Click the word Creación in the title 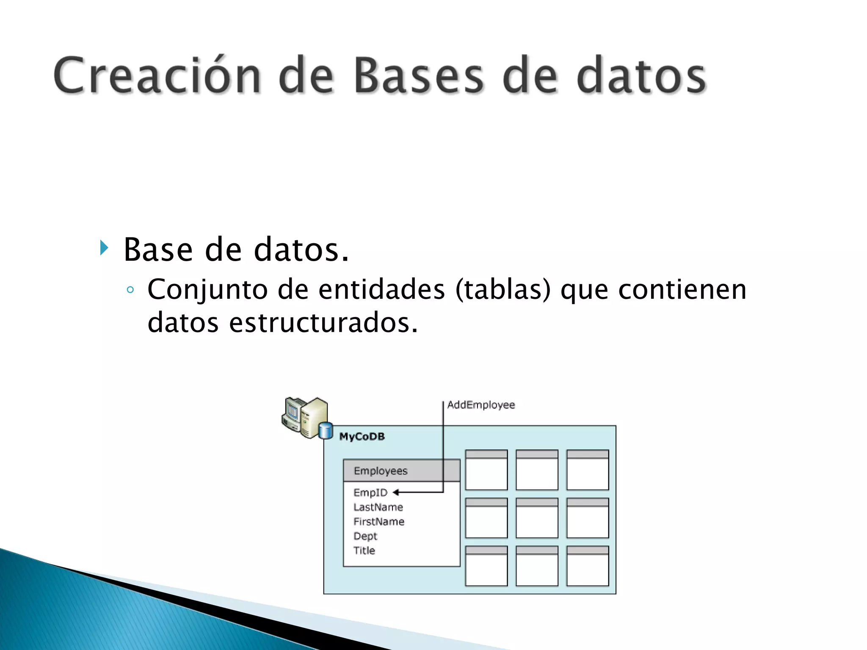click(157, 75)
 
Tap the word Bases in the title click(418, 75)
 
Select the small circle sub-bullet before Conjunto click(130, 290)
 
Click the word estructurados click(323, 323)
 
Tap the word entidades click(381, 290)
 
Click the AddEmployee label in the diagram click(481, 405)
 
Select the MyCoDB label click(362, 436)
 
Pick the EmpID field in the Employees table click(370, 493)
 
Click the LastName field click(378, 507)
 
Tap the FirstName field click(379, 521)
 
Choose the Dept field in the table click(365, 536)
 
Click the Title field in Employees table click(364, 550)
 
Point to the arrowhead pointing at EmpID click(396, 492)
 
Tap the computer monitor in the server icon click(293, 410)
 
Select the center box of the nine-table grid click(537, 518)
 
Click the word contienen click(682, 290)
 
